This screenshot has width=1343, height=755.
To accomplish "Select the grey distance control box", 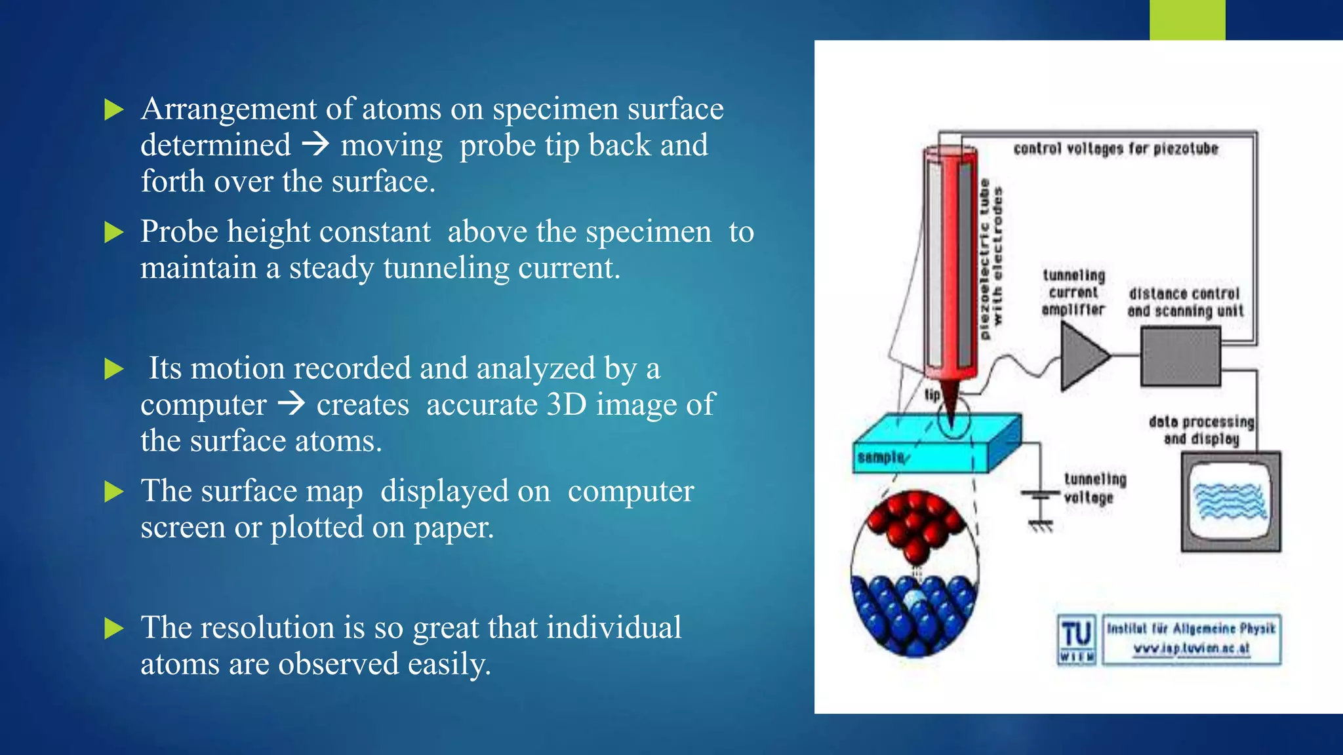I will [1180, 357].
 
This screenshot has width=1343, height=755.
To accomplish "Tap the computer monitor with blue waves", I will [1230, 501].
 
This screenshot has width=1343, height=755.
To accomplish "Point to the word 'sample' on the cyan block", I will [881, 457].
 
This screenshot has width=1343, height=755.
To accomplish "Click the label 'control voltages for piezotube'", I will [1115, 149].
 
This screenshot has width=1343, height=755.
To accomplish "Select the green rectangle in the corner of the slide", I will [1187, 20].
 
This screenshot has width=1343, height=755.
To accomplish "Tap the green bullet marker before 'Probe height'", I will [114, 232].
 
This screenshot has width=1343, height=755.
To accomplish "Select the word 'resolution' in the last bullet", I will [270, 627].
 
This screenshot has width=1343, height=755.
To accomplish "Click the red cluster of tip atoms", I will [915, 524].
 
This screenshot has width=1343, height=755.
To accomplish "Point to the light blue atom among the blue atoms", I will [913, 598].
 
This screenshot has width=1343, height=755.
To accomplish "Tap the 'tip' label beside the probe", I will [932, 395].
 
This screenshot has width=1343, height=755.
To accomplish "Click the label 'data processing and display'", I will [1201, 430].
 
